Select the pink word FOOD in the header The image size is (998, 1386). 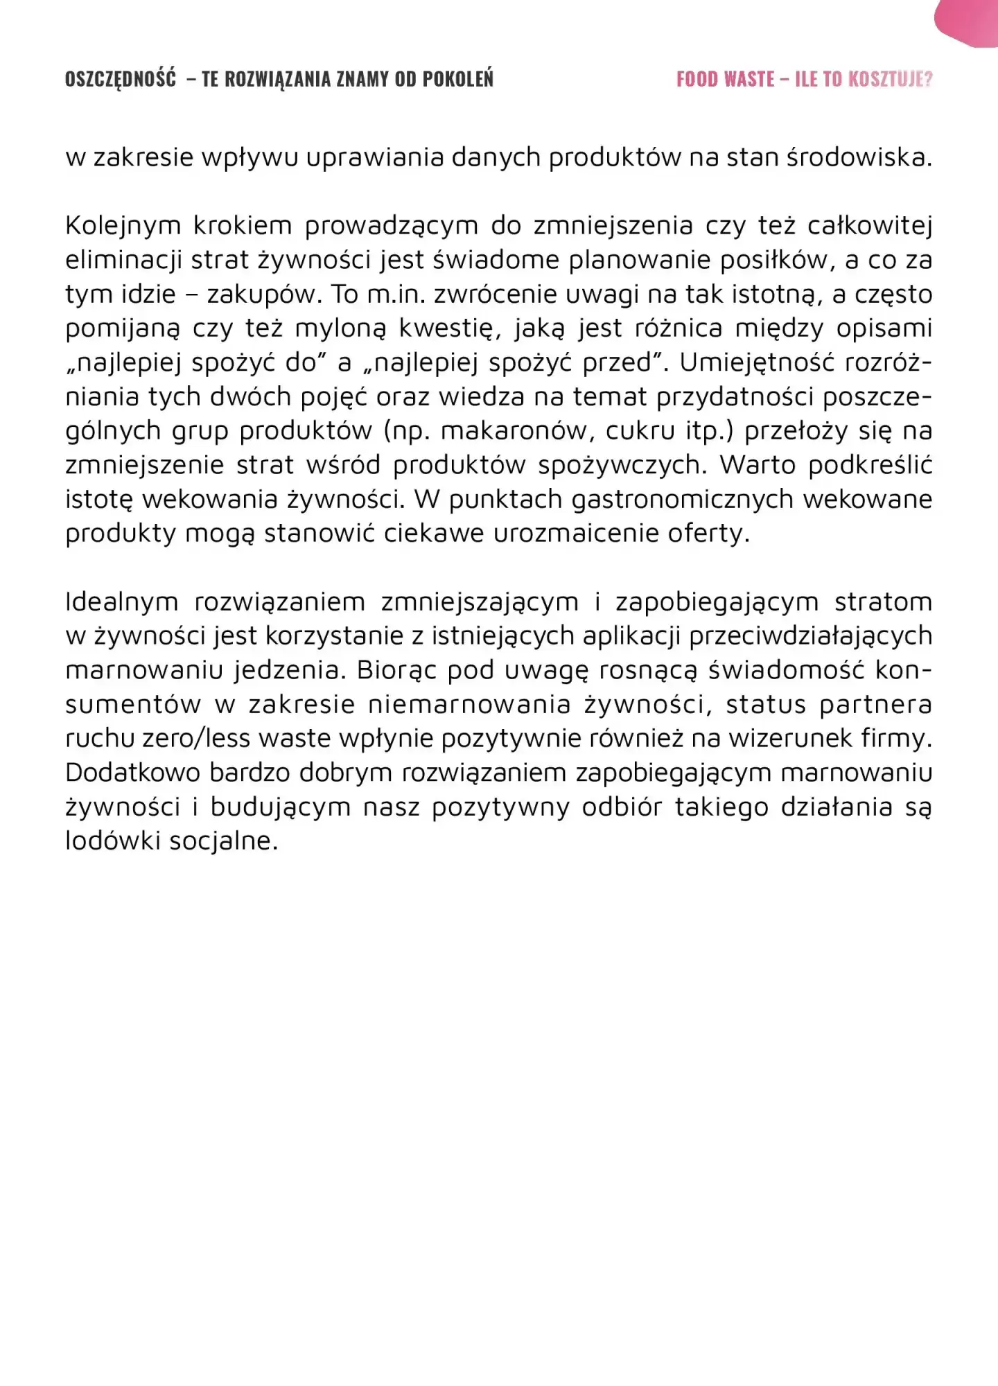(697, 79)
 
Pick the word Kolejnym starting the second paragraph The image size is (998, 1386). (123, 226)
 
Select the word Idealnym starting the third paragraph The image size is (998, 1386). (122, 602)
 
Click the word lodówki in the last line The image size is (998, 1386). (111, 841)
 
